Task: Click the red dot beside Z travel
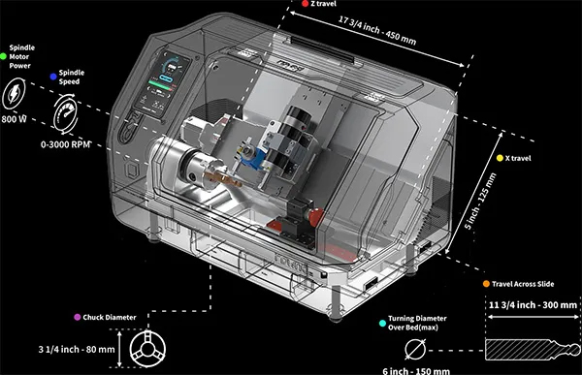point(306,4)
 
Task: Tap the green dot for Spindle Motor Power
point(3,56)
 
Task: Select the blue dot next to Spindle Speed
point(53,77)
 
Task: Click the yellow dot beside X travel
point(500,158)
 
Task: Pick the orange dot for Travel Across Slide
point(486,284)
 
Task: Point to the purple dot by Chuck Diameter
point(78,317)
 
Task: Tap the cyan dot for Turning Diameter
point(382,323)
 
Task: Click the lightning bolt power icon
point(14,93)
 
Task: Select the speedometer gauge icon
point(66,114)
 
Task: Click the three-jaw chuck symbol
point(147,349)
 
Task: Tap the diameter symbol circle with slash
point(415,350)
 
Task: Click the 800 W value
point(14,119)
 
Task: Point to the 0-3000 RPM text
point(65,144)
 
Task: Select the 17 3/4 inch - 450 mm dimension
point(377,30)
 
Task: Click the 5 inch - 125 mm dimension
point(480,201)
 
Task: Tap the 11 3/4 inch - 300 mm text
point(533,305)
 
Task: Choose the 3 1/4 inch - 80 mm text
point(77,350)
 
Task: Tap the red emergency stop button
point(316,218)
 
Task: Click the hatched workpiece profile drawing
point(533,349)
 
